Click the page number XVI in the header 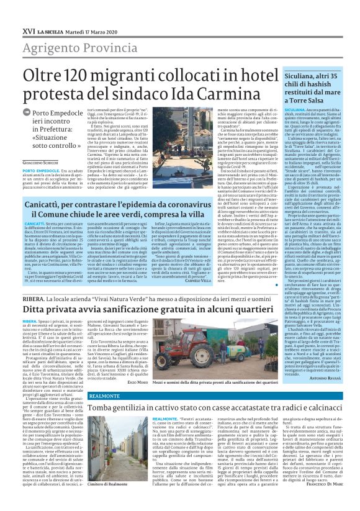pyautogui.click(x=28, y=29)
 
